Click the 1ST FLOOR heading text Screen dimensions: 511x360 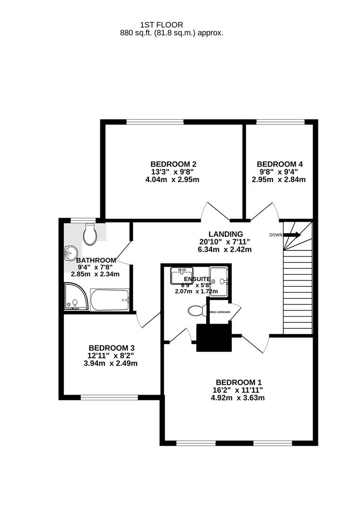point(162,25)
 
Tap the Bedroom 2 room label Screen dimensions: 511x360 point(171,164)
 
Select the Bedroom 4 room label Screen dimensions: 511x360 point(279,164)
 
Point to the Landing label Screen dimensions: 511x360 point(226,234)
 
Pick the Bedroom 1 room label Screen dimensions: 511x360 point(238,382)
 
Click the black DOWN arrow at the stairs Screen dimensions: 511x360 point(292,235)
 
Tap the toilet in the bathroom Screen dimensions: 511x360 point(89,235)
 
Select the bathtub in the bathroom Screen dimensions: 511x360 point(110,300)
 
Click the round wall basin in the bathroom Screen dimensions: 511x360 point(70,253)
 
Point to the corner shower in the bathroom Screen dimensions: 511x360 point(74,297)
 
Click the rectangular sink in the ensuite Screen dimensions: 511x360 point(182,275)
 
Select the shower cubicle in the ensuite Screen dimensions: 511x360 point(219,282)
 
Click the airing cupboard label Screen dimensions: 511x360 point(220,312)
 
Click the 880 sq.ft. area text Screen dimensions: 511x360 point(172,33)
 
